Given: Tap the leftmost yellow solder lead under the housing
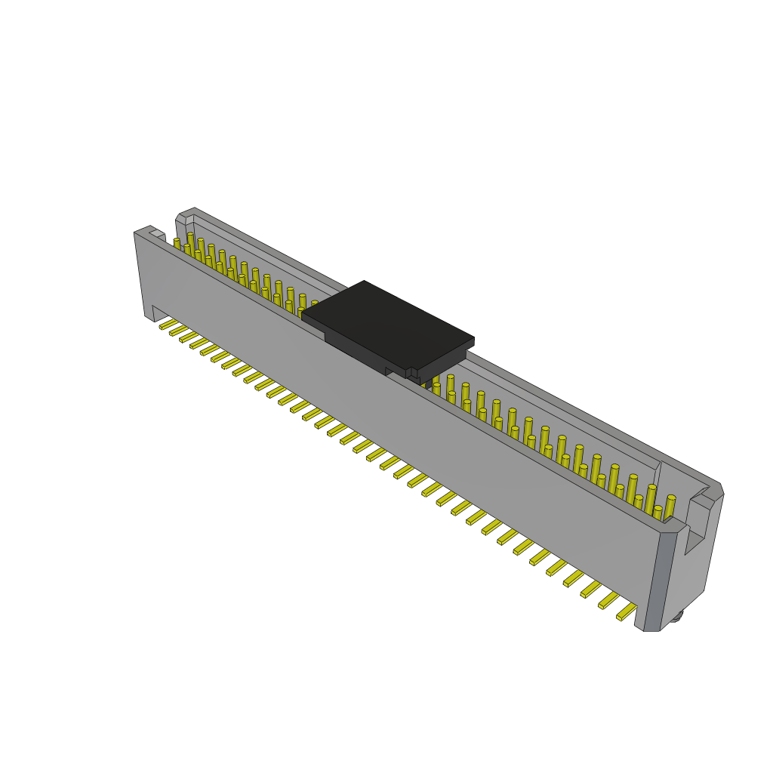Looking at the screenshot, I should click(x=168, y=324).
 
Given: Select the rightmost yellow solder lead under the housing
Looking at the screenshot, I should click(x=627, y=611).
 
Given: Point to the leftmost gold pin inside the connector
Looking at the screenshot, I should click(x=177, y=244).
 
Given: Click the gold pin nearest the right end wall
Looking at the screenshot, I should click(x=670, y=506).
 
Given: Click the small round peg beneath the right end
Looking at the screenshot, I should click(x=676, y=615).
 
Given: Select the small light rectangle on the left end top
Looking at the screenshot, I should click(x=156, y=234).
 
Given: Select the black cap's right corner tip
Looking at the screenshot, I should click(x=473, y=339).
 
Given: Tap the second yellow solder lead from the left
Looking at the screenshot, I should click(x=179, y=330).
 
